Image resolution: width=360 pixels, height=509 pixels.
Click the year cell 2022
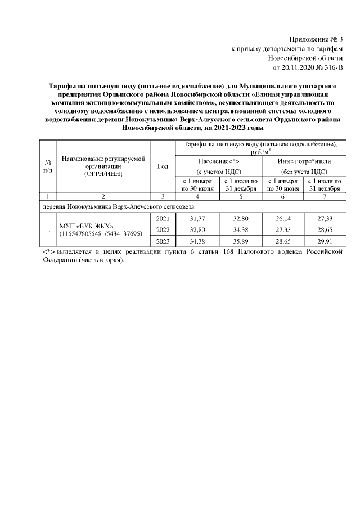coord(162,230)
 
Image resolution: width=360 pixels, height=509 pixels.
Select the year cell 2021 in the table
coord(162,218)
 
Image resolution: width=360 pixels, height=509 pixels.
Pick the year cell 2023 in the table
coord(162,242)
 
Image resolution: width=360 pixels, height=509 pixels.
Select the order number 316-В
coord(335,67)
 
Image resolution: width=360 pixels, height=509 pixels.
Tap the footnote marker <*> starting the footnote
coord(49,253)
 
